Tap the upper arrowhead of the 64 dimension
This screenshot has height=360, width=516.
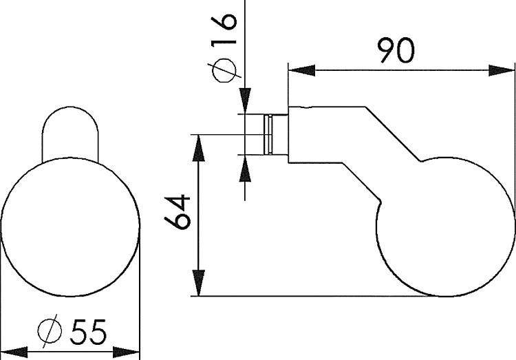click(199, 145)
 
